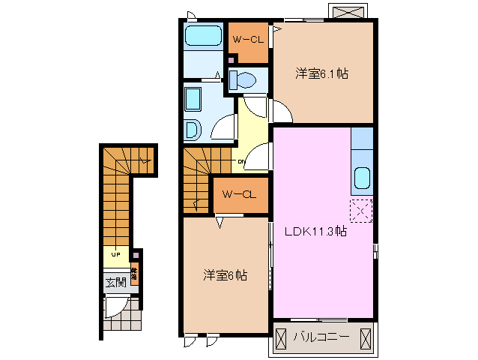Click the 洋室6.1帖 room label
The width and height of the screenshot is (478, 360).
[321, 73]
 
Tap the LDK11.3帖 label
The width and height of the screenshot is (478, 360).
[315, 231]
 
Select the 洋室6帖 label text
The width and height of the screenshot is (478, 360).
[225, 274]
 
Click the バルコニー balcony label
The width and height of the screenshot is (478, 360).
[321, 337]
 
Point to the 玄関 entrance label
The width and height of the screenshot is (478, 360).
[115, 283]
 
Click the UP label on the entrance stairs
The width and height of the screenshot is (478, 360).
[116, 255]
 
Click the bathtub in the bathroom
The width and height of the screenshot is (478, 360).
[203, 36]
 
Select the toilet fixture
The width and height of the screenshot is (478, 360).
[243, 79]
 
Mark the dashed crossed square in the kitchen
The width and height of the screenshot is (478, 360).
[360, 211]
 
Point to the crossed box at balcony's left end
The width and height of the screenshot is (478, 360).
[279, 337]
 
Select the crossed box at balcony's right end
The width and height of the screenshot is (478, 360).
[364, 337]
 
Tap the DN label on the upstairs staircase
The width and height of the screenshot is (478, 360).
[241, 161]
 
